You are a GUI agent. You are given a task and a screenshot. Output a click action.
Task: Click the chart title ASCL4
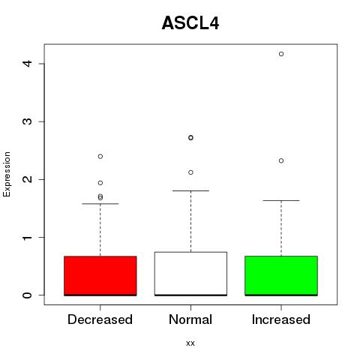[x=190, y=23]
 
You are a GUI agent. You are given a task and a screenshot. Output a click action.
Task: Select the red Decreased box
[x=100, y=276]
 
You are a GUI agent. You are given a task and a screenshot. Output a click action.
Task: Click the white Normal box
[x=190, y=274]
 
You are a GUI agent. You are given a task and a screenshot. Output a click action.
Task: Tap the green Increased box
[x=281, y=276]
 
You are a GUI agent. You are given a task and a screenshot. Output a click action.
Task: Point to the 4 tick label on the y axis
[x=27, y=64]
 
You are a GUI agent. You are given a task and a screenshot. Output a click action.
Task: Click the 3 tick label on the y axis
[x=27, y=121]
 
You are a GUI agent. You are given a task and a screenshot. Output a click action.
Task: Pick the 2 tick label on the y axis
[x=27, y=179]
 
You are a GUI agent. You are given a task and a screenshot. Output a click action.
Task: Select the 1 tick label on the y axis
[x=27, y=237]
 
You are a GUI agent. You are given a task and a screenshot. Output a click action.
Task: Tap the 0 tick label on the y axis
[x=27, y=295]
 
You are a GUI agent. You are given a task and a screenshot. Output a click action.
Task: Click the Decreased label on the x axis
[x=100, y=319]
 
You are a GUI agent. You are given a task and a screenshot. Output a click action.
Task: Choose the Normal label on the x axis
[x=190, y=319]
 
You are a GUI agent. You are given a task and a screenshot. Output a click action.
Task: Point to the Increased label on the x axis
[x=281, y=319]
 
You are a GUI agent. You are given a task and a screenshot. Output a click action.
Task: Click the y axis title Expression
[x=7, y=174]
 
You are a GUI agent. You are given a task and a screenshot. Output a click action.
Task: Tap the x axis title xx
[x=190, y=343]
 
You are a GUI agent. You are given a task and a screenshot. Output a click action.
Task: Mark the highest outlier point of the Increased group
[x=281, y=54]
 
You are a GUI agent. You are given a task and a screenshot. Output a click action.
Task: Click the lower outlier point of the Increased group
[x=281, y=160]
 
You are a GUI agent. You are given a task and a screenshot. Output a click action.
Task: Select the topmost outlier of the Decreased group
[x=100, y=157]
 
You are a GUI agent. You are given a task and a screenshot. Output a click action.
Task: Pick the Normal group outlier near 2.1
[x=190, y=172]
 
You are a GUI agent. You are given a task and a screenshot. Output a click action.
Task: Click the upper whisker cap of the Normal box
[x=190, y=190]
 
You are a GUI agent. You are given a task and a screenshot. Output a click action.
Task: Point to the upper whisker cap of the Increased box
[x=281, y=200]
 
